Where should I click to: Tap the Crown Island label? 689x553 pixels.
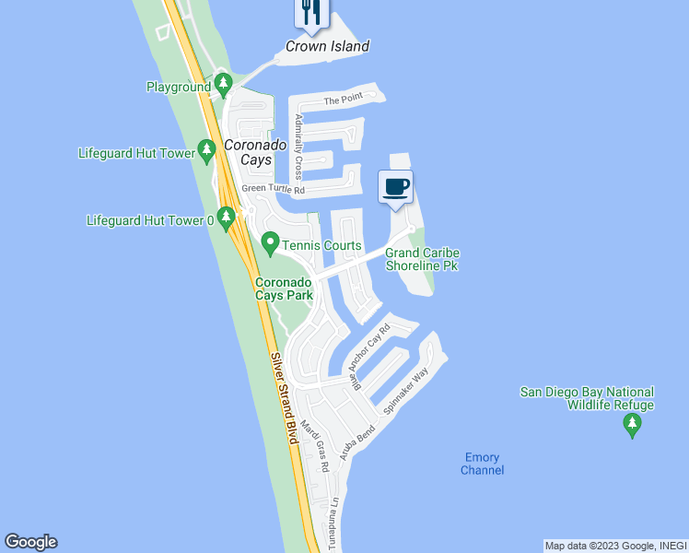click(327, 46)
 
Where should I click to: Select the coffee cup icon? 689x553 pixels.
click(396, 187)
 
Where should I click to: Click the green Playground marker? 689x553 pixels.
click(222, 86)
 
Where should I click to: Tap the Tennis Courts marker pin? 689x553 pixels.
click(270, 245)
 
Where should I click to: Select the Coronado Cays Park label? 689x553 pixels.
click(285, 288)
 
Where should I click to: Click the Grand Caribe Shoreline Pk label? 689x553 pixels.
click(422, 259)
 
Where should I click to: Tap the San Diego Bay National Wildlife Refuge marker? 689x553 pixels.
click(632, 425)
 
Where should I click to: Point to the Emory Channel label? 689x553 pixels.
click(483, 464)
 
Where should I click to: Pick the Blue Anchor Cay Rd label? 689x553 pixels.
click(373, 357)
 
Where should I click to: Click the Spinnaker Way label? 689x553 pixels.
click(406, 390)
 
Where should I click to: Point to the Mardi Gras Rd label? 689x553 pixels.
click(315, 445)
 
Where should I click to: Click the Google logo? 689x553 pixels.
click(30, 542)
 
